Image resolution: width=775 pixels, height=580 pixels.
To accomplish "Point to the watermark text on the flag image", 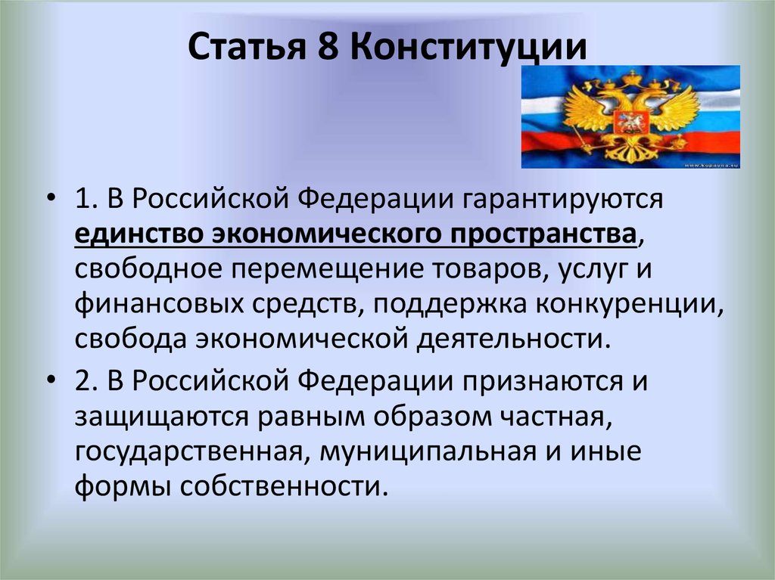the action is click(711, 165).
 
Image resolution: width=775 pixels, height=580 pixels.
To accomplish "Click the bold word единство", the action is click(140, 234).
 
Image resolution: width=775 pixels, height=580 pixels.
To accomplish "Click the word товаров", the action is click(490, 269).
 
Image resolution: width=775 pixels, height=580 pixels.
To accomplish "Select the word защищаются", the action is click(162, 417).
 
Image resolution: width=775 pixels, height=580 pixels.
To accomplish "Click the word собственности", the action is click(282, 488).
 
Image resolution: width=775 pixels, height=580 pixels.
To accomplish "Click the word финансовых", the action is click(160, 303).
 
